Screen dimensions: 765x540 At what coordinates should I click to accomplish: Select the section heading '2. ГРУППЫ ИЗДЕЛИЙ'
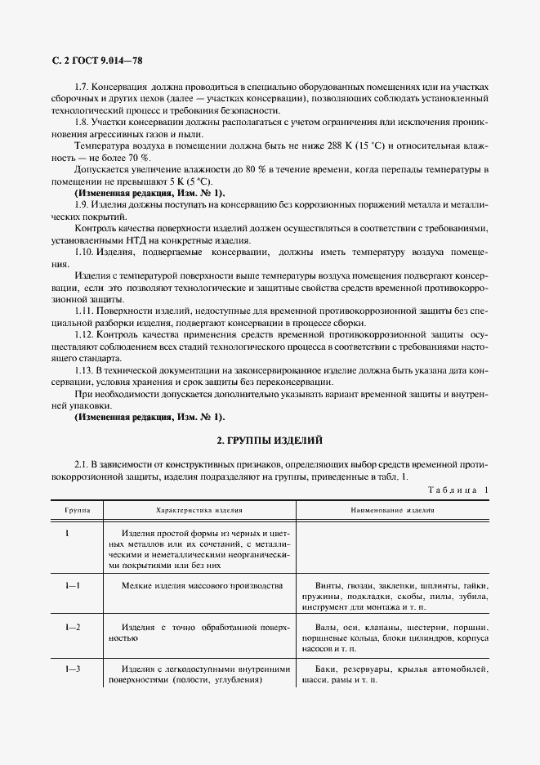click(270, 440)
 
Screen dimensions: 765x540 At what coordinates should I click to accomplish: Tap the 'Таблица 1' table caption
click(457, 490)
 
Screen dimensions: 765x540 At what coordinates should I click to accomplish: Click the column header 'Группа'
click(78, 509)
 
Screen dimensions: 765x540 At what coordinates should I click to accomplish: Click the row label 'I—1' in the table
click(73, 586)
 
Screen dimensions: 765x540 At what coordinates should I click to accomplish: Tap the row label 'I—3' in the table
click(73, 669)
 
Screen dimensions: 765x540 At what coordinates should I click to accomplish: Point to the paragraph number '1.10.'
click(83, 253)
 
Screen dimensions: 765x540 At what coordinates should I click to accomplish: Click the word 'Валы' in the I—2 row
click(327, 628)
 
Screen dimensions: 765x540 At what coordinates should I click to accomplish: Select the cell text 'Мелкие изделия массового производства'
click(202, 586)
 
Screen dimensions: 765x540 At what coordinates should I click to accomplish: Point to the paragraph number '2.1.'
click(81, 463)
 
